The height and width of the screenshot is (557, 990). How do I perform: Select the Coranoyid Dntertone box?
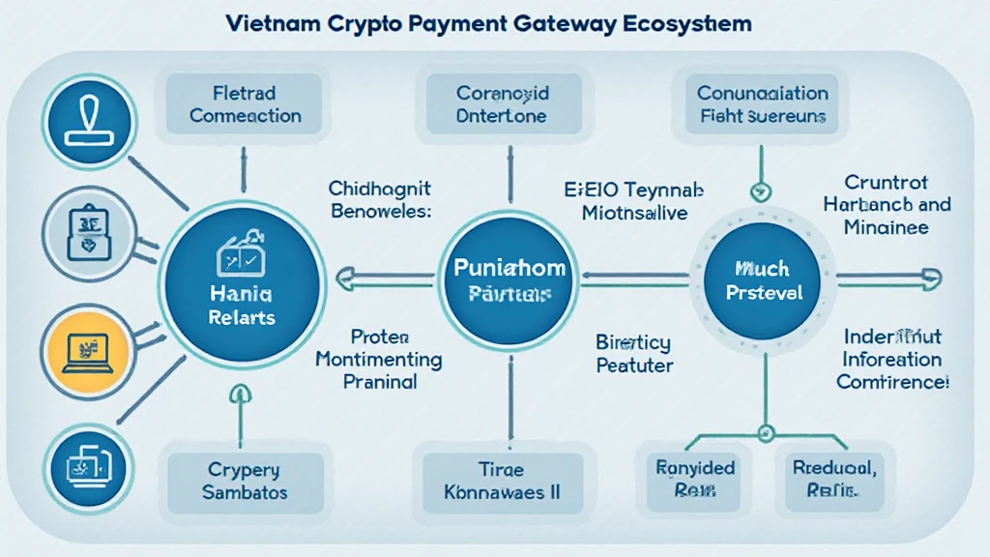tap(503, 104)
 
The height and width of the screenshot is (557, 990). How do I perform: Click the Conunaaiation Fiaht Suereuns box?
tap(762, 104)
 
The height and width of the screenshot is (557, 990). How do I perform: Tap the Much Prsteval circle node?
tap(762, 278)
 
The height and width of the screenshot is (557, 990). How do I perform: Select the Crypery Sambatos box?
tap(244, 481)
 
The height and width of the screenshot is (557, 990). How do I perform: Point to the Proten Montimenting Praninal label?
tap(380, 359)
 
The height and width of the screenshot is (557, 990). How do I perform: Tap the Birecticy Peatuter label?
tap(633, 354)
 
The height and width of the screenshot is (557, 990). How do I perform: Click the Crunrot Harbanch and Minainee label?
tap(887, 205)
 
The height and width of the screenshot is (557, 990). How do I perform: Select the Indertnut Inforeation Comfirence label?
tap(891, 359)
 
